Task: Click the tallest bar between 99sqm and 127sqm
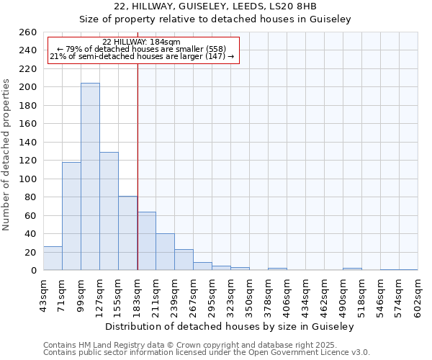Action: pyautogui.click(x=90, y=176)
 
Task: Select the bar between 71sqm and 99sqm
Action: pyautogui.click(x=71, y=216)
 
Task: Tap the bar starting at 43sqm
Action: pyautogui.click(x=53, y=258)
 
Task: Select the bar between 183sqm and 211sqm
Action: pyautogui.click(x=146, y=240)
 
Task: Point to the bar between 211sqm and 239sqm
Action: pyautogui.click(x=165, y=251)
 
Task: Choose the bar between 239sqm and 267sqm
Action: pyautogui.click(x=184, y=259)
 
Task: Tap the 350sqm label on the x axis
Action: pyautogui.click(x=249, y=293)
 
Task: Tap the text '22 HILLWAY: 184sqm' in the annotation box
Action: pyautogui.click(x=141, y=42)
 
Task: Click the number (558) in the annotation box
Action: pyautogui.click(x=216, y=49)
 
